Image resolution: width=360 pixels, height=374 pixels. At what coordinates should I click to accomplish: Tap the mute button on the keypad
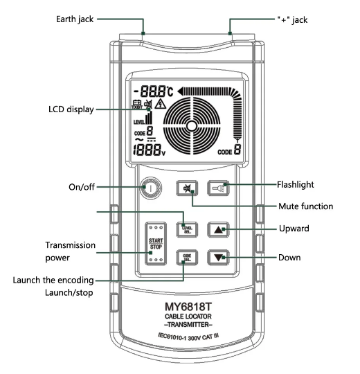point(187,188)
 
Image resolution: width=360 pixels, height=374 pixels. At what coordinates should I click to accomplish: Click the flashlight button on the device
point(218,188)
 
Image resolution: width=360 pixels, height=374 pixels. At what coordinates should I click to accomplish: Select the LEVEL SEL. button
point(187,230)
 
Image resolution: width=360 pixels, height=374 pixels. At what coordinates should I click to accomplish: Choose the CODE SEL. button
point(187,258)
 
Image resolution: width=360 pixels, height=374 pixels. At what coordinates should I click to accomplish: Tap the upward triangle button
point(218,230)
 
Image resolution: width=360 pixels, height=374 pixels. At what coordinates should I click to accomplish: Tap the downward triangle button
point(218,258)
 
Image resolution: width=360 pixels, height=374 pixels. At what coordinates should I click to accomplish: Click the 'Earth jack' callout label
point(75,19)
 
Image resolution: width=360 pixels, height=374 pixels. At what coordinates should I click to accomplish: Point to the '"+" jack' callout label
point(292,20)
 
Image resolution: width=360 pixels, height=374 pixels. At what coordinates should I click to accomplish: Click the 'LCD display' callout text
point(71,109)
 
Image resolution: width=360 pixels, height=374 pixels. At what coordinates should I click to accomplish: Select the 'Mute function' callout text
point(305,206)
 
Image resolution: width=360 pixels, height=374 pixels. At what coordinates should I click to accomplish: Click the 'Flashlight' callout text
point(296,185)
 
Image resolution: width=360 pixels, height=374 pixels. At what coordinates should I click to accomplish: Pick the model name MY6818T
point(188,307)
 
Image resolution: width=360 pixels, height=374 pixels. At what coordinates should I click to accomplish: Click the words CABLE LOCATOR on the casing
point(188,317)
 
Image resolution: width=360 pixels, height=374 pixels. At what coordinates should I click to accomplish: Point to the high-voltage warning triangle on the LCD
point(161,104)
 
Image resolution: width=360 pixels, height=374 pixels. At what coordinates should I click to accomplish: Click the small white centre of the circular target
point(192,126)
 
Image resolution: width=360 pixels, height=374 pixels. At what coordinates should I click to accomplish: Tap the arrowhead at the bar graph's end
point(181,91)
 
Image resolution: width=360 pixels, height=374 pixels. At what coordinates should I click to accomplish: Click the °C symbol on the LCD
point(170,91)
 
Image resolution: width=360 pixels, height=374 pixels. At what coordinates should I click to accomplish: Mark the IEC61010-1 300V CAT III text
point(188,337)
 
